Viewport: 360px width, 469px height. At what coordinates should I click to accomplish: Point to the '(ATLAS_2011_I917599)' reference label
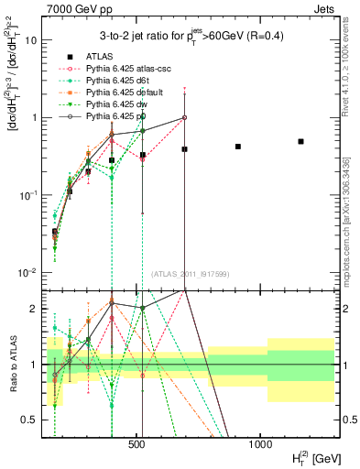(190, 274)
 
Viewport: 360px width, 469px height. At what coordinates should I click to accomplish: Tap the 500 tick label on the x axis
(137, 443)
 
